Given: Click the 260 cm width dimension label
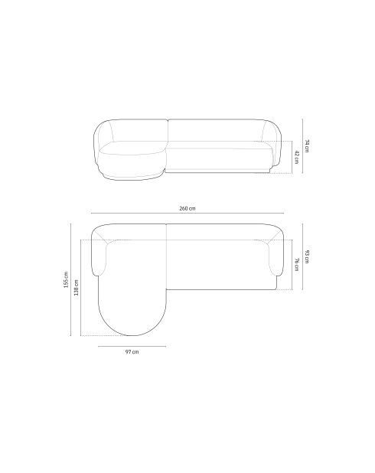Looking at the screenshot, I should (187, 207).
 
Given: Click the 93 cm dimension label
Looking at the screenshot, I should (307, 257).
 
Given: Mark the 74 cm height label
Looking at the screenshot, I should (307, 145).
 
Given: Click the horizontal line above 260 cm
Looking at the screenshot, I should (187, 214).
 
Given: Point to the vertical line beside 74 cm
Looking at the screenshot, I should (302, 145).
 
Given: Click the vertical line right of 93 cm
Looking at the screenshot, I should (302, 257).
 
